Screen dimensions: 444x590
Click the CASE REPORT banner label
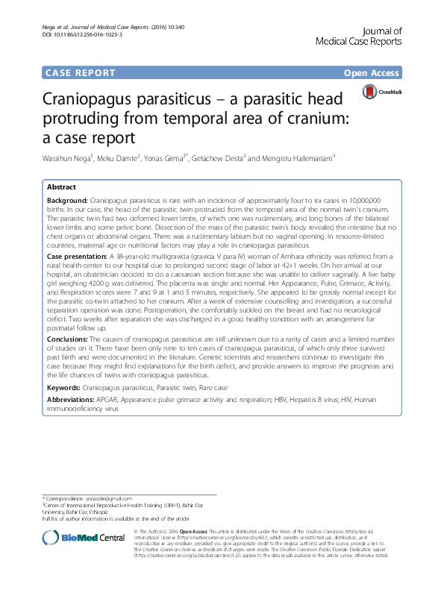point(81,73)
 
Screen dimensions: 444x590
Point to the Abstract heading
point(61,189)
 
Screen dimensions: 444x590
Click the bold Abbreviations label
point(71,401)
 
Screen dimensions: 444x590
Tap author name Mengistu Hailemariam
point(293,158)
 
